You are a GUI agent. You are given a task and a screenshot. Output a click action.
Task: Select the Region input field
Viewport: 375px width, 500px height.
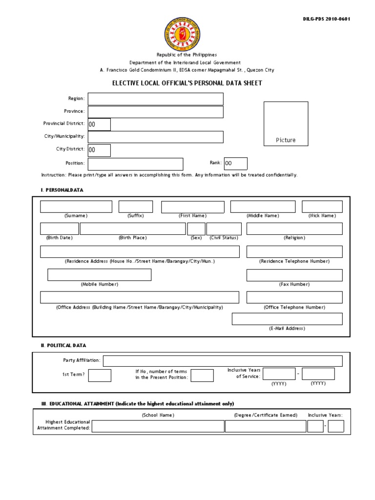[155, 99]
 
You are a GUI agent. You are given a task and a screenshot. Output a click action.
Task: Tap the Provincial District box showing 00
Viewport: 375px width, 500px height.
[99, 125]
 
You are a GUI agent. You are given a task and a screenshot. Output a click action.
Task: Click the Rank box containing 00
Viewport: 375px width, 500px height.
[235, 164]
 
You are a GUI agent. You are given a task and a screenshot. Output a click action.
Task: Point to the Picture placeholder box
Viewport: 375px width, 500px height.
[286, 124]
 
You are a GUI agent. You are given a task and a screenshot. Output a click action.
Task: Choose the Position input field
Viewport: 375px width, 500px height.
[135, 164]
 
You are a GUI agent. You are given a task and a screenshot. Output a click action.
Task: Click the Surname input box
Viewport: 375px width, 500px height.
[76, 207]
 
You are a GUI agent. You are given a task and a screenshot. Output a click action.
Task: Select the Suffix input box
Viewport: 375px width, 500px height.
[135, 207]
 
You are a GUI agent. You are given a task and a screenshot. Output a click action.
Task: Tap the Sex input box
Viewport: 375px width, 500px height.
[196, 229]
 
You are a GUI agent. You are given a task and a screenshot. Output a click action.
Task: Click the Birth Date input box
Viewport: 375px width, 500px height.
[59, 229]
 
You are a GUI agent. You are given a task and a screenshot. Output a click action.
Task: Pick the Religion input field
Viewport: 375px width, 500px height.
[294, 229]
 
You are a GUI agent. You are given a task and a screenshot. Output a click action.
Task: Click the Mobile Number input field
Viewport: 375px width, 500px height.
[99, 275]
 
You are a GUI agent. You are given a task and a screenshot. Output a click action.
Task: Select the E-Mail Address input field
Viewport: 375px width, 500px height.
[287, 319]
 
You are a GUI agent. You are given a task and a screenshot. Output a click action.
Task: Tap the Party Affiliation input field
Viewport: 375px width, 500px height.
[223, 361]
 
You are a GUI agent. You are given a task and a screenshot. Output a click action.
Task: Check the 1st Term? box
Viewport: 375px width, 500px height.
[100, 375]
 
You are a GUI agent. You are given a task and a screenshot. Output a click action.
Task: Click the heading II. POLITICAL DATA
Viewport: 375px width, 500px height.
[63, 346]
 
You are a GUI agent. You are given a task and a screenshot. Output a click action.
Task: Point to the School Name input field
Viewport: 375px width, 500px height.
[158, 426]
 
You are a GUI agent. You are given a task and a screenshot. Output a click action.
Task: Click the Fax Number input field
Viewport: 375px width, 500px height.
[294, 275]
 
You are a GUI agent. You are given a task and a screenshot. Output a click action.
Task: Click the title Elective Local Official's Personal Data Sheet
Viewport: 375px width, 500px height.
[187, 83]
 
